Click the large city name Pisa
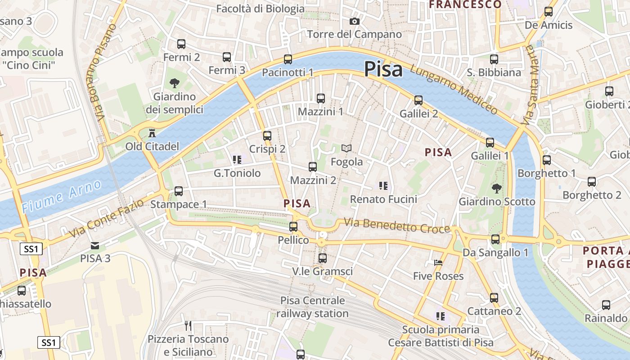(383, 69)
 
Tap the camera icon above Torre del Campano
(355, 21)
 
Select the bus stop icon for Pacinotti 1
(288, 59)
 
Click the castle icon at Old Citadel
(152, 133)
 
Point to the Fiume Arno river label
(62, 196)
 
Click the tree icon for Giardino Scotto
(497, 188)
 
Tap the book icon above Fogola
(346, 148)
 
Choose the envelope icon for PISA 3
(95, 245)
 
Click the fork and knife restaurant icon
(188, 325)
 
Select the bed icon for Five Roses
(438, 263)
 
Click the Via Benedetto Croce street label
(397, 225)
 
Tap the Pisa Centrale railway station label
(312, 307)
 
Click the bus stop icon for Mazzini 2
(313, 167)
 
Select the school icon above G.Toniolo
(237, 159)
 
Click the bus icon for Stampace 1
(179, 191)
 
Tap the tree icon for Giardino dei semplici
(174, 83)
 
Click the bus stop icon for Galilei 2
(418, 100)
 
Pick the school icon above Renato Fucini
(383, 185)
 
